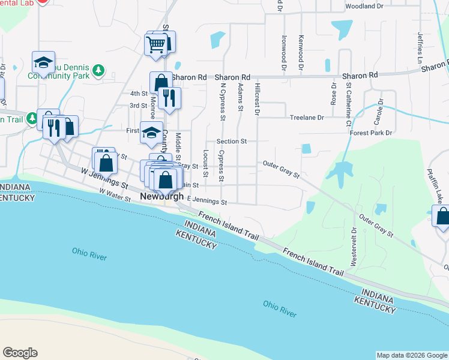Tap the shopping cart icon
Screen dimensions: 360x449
click(155, 44)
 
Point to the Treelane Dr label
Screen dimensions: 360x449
click(307, 118)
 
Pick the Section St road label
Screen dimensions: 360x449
click(232, 142)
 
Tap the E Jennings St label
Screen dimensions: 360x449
click(206, 203)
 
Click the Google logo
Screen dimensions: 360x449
click(20, 353)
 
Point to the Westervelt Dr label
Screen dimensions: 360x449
click(353, 247)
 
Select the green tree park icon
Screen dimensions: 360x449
click(98, 71)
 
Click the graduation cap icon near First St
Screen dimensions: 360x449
click(151, 132)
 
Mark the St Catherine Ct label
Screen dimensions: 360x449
click(348, 105)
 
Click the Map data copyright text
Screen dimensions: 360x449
click(412, 355)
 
